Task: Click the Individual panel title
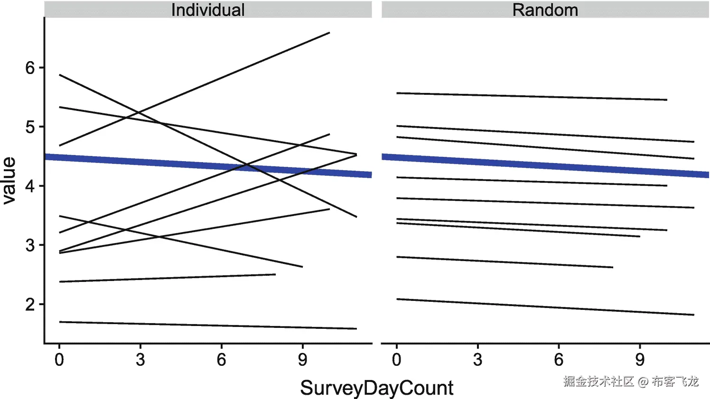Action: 208,10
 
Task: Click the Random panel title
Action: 545,10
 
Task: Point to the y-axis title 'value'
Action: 9,181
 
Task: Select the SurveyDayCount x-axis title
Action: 376,388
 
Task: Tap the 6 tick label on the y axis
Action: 30,68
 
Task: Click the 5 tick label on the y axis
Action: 30,127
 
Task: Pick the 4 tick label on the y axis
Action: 30,186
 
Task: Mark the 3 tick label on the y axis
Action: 30,245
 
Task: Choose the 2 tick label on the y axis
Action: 30,304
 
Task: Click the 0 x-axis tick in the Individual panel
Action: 59,360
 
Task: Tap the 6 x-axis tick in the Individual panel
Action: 221,360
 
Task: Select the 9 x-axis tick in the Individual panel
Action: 302,360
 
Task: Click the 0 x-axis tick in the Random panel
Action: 396,360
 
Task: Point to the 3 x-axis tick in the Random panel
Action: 477,360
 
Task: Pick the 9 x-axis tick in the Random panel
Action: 640,360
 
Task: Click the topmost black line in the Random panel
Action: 532,96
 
